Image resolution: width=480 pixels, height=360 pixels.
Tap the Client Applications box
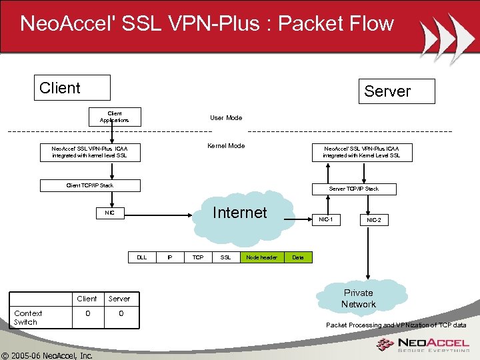(115, 117)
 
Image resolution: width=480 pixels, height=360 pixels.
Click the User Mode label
(226, 118)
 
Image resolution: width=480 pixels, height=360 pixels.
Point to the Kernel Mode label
(226, 146)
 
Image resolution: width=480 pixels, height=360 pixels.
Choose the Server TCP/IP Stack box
(353, 189)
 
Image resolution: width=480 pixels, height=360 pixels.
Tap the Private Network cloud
(359, 299)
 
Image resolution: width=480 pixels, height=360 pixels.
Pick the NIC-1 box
(326, 219)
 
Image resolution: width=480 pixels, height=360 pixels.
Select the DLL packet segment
(142, 257)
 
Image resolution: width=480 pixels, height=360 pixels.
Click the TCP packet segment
(198, 257)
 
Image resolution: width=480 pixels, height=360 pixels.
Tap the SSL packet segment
(226, 257)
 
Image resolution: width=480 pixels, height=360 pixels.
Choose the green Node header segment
(261, 257)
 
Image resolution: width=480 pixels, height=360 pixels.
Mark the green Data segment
(298, 257)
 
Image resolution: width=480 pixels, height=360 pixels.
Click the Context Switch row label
(29, 317)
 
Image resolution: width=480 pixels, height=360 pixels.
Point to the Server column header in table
(120, 299)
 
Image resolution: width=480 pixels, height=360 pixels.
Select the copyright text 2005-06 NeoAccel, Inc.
(47, 355)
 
